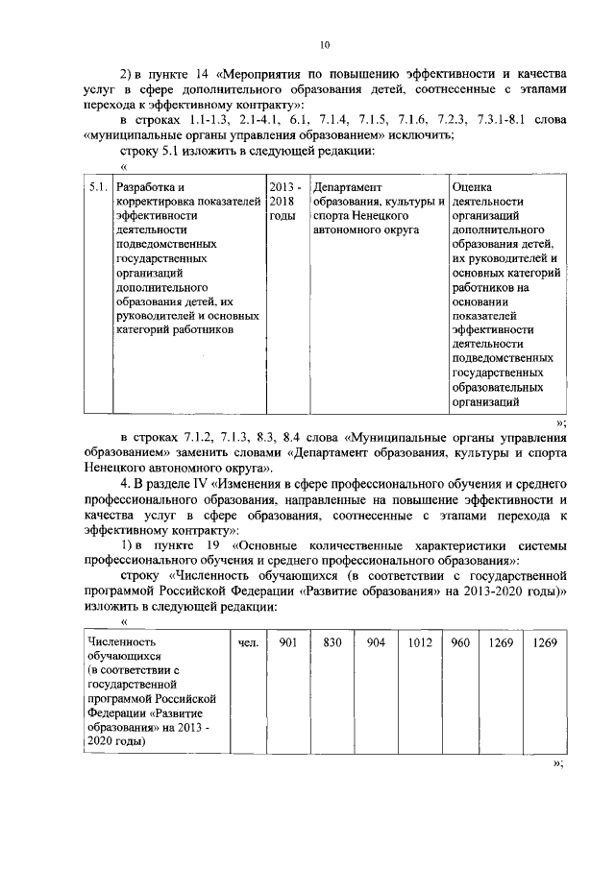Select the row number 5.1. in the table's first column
pos(97,186)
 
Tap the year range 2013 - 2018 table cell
pos(283,194)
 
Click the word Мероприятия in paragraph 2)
pos(270,72)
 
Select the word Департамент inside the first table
pos(348,186)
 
